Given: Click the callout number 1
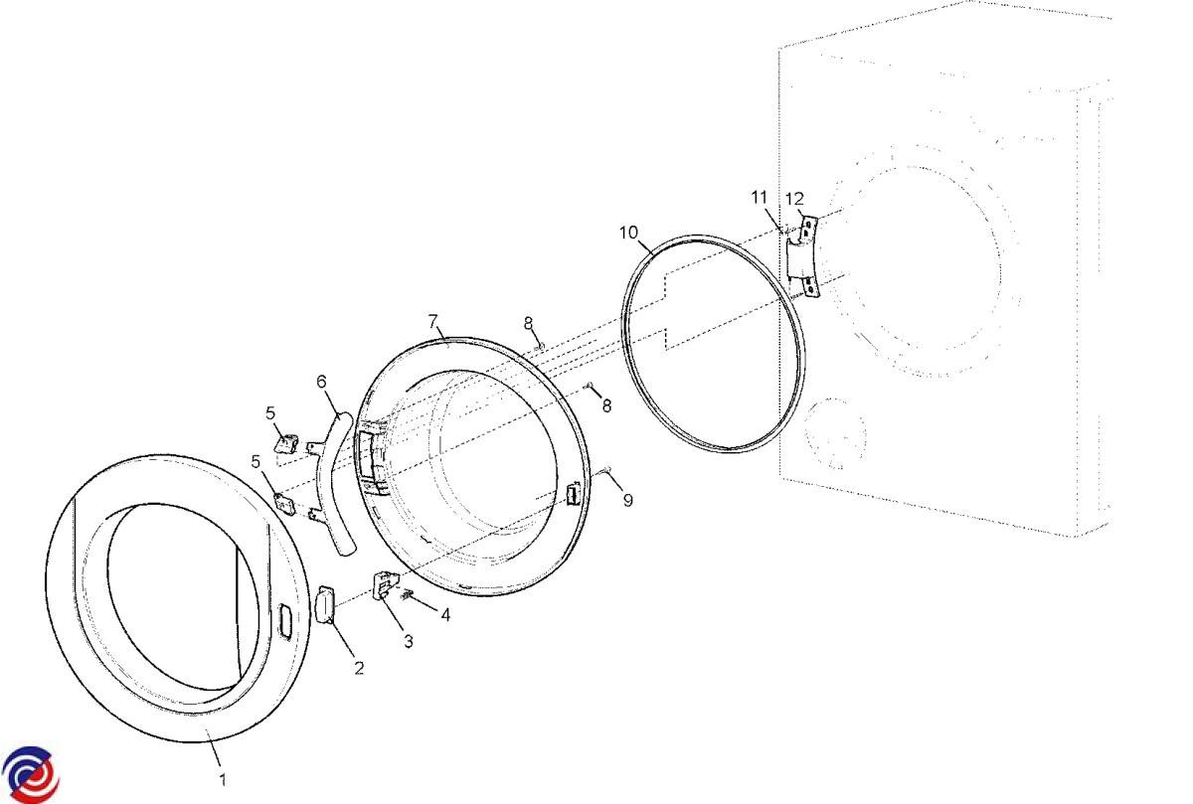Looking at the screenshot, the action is click(223, 779).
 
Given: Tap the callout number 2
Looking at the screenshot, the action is click(360, 668).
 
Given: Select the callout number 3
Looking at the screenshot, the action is click(409, 642).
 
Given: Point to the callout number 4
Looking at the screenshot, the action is click(445, 615).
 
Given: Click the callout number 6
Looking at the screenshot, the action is click(321, 382).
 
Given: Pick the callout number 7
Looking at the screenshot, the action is click(433, 321).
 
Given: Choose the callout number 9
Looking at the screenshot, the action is click(628, 500).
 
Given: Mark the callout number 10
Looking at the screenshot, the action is click(629, 233).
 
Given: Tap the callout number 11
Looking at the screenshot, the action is click(759, 198).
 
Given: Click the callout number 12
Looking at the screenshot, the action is click(794, 199).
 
